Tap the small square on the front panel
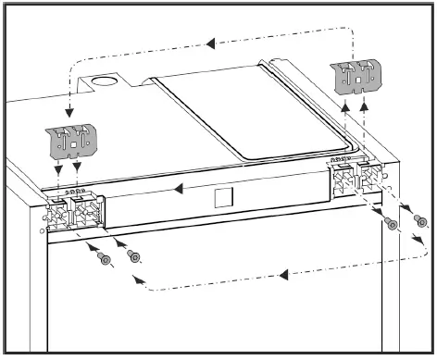click(220, 198)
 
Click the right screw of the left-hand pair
click(134, 256)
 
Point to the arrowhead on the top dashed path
click(210, 42)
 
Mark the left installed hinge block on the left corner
click(57, 214)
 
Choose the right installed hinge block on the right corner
click(370, 174)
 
